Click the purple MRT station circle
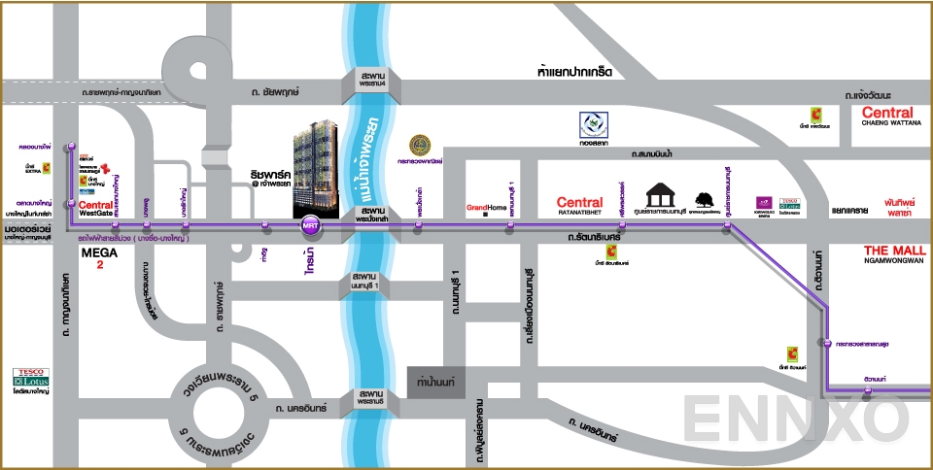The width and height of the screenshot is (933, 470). [x=310, y=225]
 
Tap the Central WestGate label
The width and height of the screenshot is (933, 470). [x=95, y=209]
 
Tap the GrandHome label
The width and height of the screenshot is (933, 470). [x=487, y=208]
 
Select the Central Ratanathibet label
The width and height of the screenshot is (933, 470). [x=579, y=207]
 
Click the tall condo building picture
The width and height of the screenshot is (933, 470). [x=320, y=169]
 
